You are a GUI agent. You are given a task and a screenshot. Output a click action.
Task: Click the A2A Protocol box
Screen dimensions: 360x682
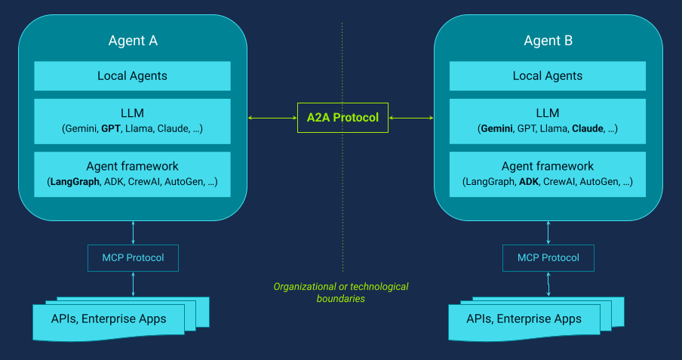pos(343,118)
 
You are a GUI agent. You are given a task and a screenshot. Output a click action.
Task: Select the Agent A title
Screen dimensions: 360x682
pos(133,41)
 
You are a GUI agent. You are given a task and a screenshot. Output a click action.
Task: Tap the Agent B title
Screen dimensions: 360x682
pos(548,41)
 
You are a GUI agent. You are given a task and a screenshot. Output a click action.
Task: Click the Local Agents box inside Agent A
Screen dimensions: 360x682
pos(133,75)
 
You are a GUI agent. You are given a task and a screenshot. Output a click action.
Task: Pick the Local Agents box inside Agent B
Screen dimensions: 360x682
pos(548,75)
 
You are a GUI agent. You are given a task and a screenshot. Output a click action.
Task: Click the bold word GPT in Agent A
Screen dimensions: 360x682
pos(111,129)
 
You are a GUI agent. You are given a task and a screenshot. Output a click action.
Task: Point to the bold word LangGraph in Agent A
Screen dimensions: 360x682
pos(73,182)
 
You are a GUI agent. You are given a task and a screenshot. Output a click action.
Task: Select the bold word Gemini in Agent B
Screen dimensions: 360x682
pos(496,129)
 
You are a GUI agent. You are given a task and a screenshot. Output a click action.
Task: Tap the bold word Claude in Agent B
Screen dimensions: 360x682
pos(588,129)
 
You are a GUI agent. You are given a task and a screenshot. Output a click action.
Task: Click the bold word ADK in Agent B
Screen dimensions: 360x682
pos(530,182)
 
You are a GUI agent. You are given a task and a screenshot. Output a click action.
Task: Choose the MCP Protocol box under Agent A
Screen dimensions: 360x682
pos(133,258)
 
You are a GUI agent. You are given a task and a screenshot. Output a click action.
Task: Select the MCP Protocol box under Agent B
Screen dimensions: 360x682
pos(548,258)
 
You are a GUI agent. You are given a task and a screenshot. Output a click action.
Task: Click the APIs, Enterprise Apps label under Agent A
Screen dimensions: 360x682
pos(109,318)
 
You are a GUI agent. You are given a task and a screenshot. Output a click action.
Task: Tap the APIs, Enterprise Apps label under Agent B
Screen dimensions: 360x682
pos(524,318)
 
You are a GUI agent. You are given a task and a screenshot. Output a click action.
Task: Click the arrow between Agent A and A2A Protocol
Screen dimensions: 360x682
pos(272,118)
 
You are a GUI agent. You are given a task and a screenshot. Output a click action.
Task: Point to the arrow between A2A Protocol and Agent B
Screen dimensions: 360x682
pos(411,118)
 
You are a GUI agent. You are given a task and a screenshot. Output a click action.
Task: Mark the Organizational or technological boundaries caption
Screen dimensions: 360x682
pos(341,293)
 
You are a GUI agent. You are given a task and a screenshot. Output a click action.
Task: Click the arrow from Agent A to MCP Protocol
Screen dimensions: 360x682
pos(133,232)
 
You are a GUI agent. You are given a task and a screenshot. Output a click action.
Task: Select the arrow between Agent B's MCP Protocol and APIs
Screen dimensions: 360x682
pos(548,284)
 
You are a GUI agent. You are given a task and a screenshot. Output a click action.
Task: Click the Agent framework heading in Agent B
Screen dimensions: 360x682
pos(548,166)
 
